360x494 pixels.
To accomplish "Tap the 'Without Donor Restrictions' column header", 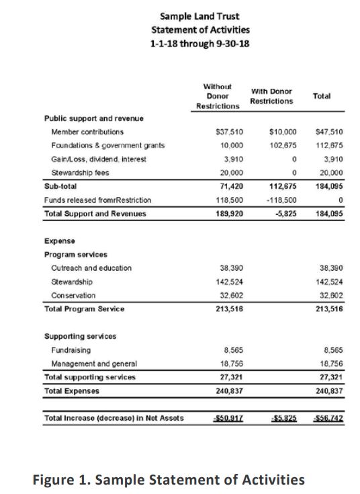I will tap(218, 97).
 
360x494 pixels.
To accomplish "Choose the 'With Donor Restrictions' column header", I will tap(271, 96).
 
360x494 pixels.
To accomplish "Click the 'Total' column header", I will tap(322, 96).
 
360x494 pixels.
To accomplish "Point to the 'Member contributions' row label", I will tap(87, 132).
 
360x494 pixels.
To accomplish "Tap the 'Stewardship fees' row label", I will tap(83, 172).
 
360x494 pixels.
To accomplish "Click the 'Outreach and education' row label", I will tap(91, 267).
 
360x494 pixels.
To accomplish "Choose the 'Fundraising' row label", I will tap(71, 350).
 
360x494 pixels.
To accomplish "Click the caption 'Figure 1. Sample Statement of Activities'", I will tap(168, 479).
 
